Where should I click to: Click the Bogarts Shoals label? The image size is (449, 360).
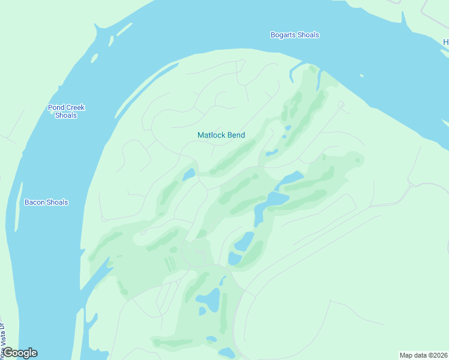point(294,35)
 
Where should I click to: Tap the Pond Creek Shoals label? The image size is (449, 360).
point(66,112)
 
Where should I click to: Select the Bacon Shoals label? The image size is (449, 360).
point(46,202)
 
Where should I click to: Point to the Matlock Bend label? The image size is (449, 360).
point(221,135)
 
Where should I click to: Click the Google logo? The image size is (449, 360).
point(20,353)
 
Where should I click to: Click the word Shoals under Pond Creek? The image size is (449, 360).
point(66,115)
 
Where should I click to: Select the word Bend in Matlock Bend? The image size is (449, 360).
point(235,135)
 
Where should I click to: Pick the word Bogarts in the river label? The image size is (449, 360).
point(282,35)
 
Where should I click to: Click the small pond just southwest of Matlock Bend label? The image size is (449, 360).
point(189,175)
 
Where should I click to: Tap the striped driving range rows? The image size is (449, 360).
point(170,263)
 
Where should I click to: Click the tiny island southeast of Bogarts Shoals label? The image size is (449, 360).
point(361,76)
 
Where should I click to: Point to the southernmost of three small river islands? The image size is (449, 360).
point(94,58)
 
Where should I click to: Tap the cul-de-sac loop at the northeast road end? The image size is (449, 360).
point(341,105)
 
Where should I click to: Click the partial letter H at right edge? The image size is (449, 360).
point(446,42)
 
